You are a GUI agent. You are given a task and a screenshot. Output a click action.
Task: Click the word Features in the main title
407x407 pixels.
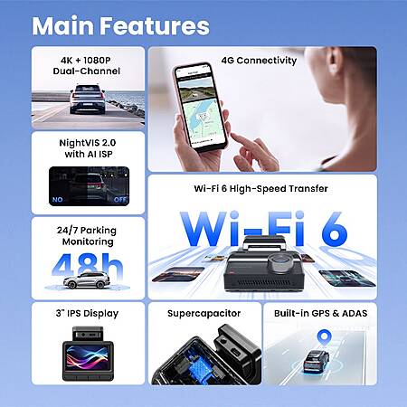coord(155,26)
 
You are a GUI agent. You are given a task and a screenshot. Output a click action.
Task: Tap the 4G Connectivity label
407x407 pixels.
coord(259,61)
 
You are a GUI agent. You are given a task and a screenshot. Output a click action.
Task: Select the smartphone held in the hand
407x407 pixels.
coord(200,107)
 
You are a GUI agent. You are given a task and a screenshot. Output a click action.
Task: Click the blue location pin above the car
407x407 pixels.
coord(324,338)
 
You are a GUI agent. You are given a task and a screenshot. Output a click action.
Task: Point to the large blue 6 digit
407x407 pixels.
coord(335,229)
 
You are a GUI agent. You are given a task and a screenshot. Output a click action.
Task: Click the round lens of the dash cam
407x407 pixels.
coord(280,260)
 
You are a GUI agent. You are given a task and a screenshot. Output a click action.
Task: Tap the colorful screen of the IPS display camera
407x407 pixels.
coord(88,357)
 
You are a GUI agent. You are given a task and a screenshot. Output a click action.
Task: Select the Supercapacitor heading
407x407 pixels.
coord(204,314)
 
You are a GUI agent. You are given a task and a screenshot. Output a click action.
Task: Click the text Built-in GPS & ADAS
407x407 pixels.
coord(321,314)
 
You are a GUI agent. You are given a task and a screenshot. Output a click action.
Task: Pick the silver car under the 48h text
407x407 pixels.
coord(87,280)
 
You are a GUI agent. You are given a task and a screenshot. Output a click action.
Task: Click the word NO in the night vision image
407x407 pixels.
coord(58,200)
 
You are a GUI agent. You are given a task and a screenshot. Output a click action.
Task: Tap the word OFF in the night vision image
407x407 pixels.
coord(120,200)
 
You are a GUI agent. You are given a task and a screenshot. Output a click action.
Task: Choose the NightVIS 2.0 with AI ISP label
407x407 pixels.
coord(88,148)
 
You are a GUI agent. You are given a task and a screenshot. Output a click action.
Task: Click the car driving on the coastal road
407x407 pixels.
coord(88,99)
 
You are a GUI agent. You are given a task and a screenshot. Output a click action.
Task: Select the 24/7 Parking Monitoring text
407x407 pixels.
coord(87,236)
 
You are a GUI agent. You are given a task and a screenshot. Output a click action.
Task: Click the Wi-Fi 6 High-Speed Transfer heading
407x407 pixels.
coord(261,189)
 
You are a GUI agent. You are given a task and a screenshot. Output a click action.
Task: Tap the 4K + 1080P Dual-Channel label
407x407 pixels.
coord(87,66)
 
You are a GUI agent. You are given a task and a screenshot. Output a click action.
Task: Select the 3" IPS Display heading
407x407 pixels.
coord(87,314)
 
